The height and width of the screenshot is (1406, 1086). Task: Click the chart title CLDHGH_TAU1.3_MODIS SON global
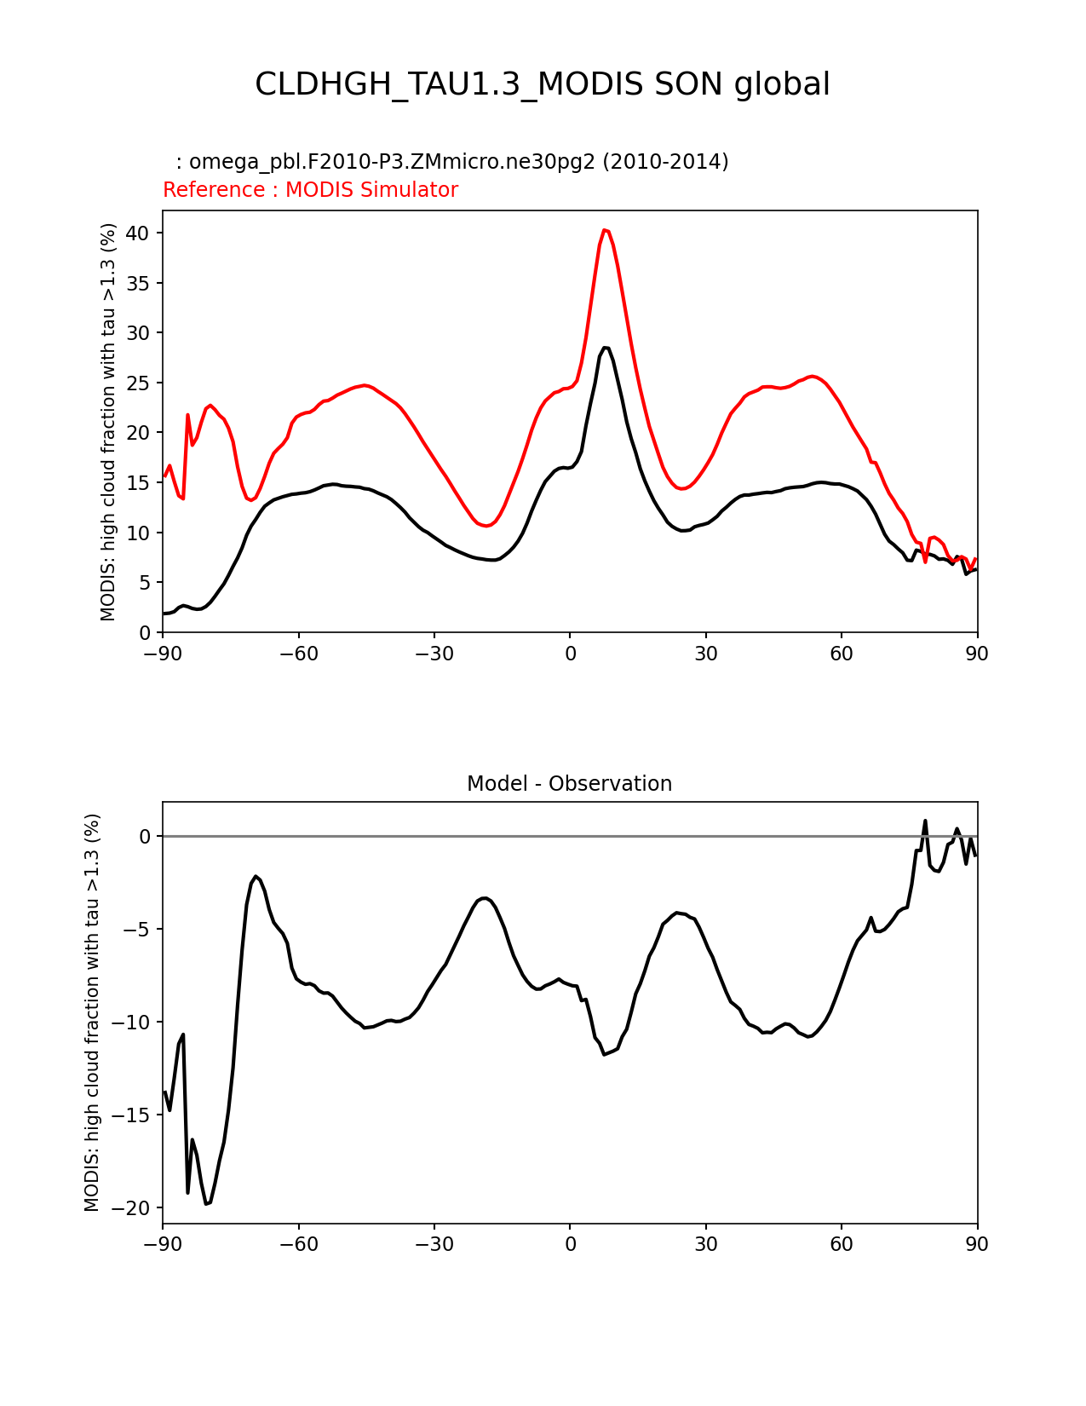pyautogui.click(x=543, y=84)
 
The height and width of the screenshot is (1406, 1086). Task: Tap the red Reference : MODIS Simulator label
pyautogui.click(x=310, y=190)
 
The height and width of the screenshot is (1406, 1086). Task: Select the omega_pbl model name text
pyautogui.click(x=451, y=162)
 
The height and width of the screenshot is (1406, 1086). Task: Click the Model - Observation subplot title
pyautogui.click(x=569, y=784)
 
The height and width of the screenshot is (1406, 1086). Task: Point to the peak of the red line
pyautogui.click(x=604, y=230)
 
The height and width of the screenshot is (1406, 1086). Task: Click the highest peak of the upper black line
pyautogui.click(x=606, y=348)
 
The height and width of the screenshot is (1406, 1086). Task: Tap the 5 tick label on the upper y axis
pyautogui.click(x=146, y=583)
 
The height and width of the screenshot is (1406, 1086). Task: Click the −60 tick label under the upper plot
pyautogui.click(x=298, y=654)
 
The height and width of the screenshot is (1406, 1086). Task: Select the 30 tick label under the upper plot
pyautogui.click(x=705, y=654)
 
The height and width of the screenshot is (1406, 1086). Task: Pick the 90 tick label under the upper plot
pyautogui.click(x=977, y=654)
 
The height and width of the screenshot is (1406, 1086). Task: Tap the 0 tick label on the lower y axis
pyautogui.click(x=145, y=837)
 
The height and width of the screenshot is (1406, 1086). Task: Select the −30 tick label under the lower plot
pyautogui.click(x=434, y=1245)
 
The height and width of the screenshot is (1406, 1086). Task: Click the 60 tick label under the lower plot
pyautogui.click(x=842, y=1245)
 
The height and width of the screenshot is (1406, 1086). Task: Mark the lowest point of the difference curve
pyautogui.click(x=207, y=1203)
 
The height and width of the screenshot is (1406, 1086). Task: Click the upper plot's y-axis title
pyautogui.click(x=108, y=422)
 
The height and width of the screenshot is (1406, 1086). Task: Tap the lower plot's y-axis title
pyautogui.click(x=92, y=1012)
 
